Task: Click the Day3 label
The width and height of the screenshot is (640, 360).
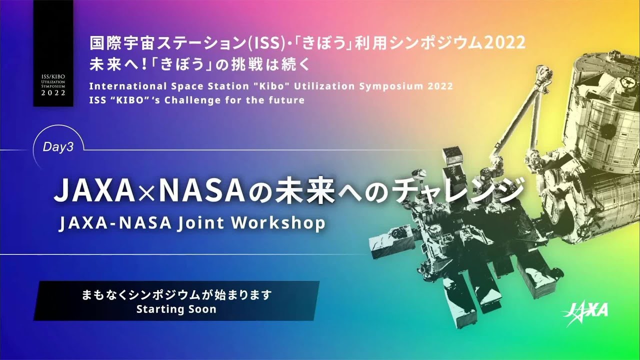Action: (58, 148)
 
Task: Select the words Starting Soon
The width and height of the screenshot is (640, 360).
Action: (176, 309)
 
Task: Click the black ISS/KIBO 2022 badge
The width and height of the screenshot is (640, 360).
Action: (53, 53)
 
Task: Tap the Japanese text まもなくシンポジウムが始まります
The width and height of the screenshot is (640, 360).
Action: (176, 295)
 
